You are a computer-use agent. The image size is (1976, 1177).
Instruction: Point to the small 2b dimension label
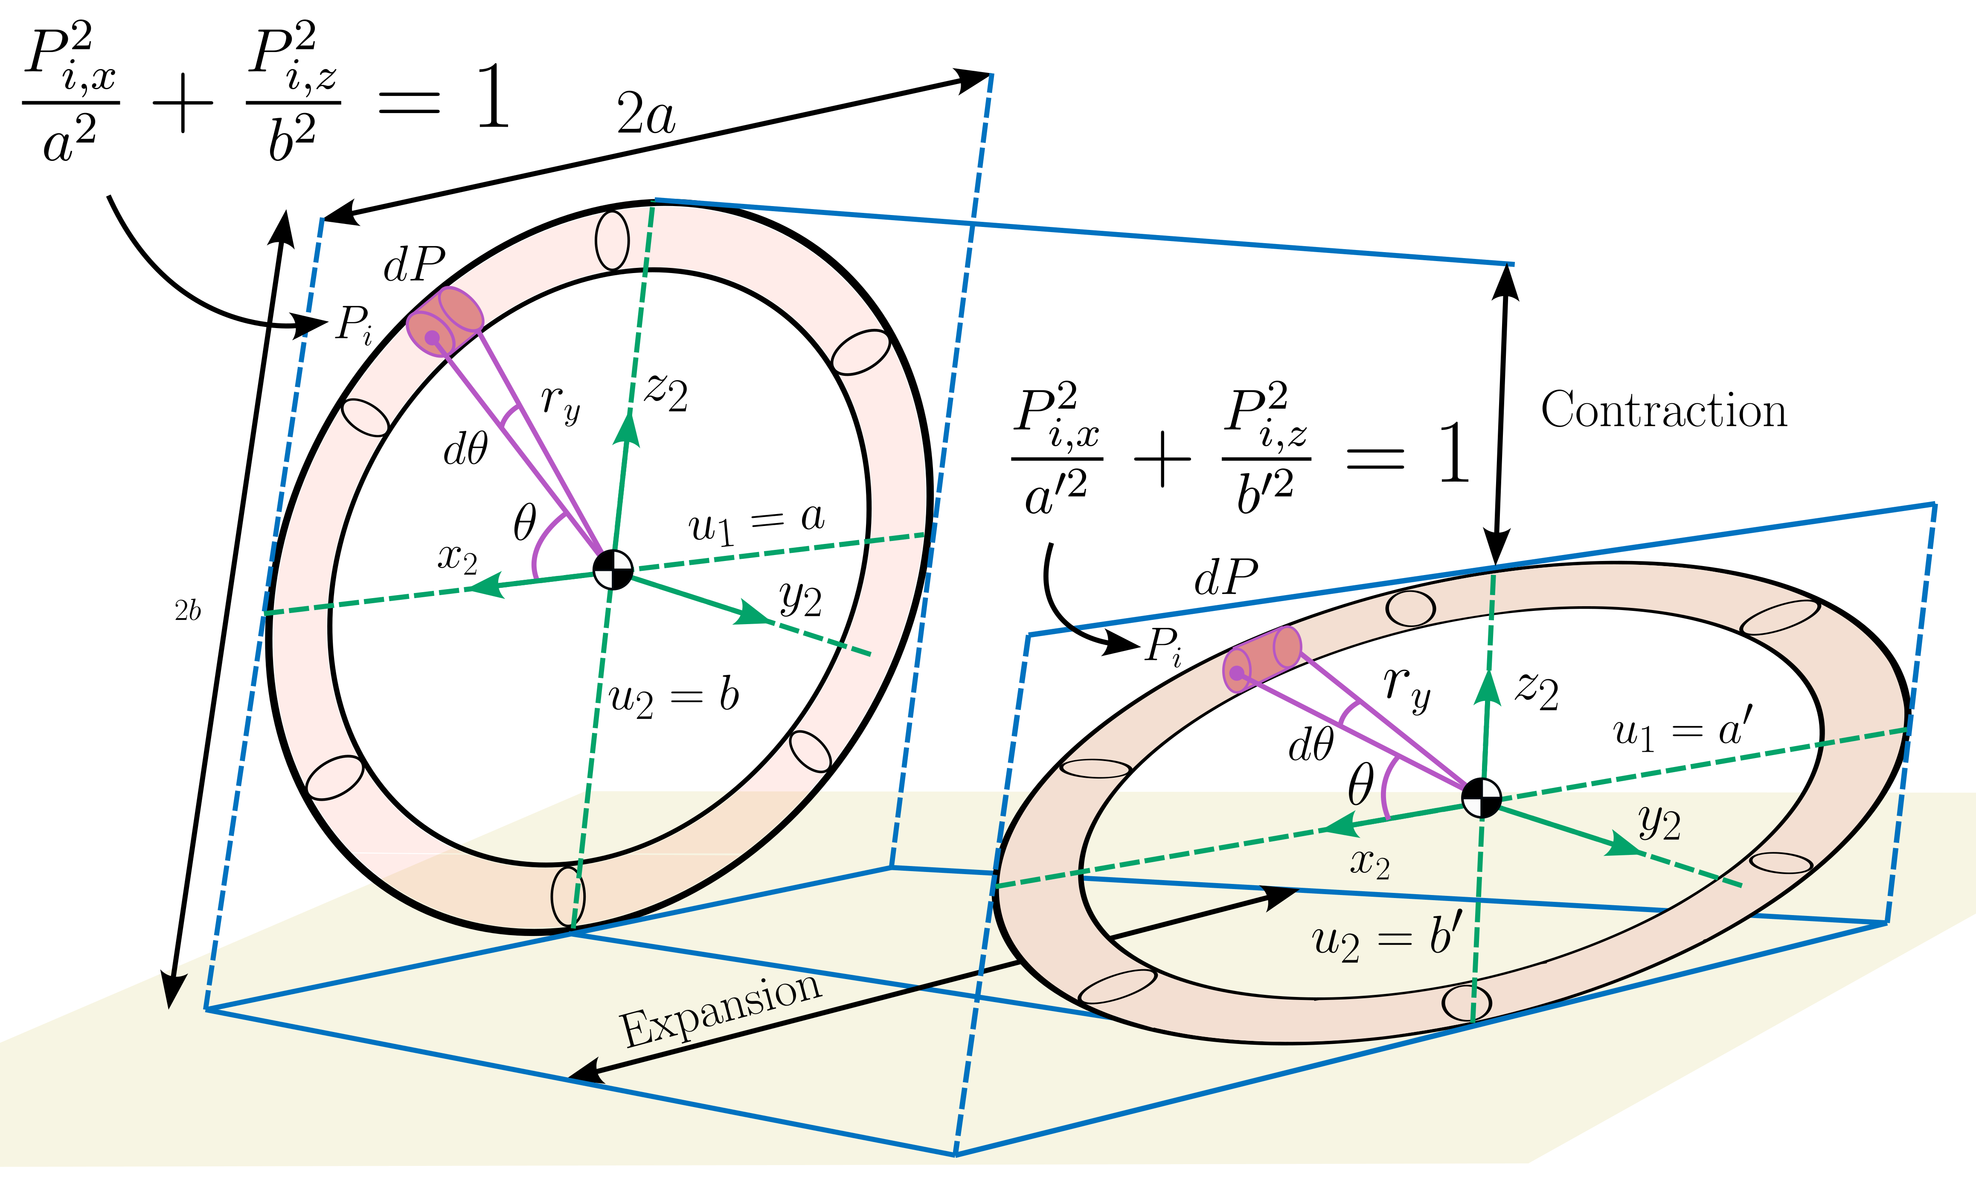pos(188,611)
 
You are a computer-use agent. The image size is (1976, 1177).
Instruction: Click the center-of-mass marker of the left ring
pos(613,570)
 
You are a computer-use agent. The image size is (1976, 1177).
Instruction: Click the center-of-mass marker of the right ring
pos(1480,797)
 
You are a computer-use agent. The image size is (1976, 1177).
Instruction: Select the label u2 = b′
pos(1385,940)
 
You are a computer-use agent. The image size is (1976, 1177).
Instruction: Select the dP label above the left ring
pos(414,264)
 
